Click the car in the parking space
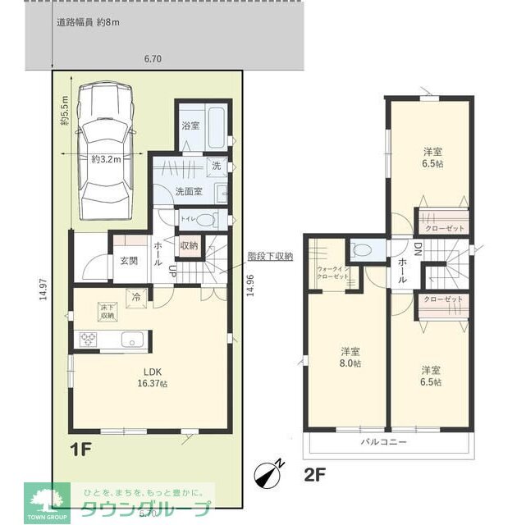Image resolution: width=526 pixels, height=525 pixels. [105, 153]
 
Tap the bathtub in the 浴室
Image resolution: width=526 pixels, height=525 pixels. [215, 126]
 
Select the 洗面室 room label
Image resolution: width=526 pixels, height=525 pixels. [190, 190]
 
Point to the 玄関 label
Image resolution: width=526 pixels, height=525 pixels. [130, 261]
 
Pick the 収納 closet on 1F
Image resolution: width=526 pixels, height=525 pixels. [189, 245]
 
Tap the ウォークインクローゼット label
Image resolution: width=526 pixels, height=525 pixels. [332, 273]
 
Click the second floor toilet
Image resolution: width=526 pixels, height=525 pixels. [362, 249]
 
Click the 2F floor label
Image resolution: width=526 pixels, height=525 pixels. [316, 473]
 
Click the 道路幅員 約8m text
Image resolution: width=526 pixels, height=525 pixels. [88, 22]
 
